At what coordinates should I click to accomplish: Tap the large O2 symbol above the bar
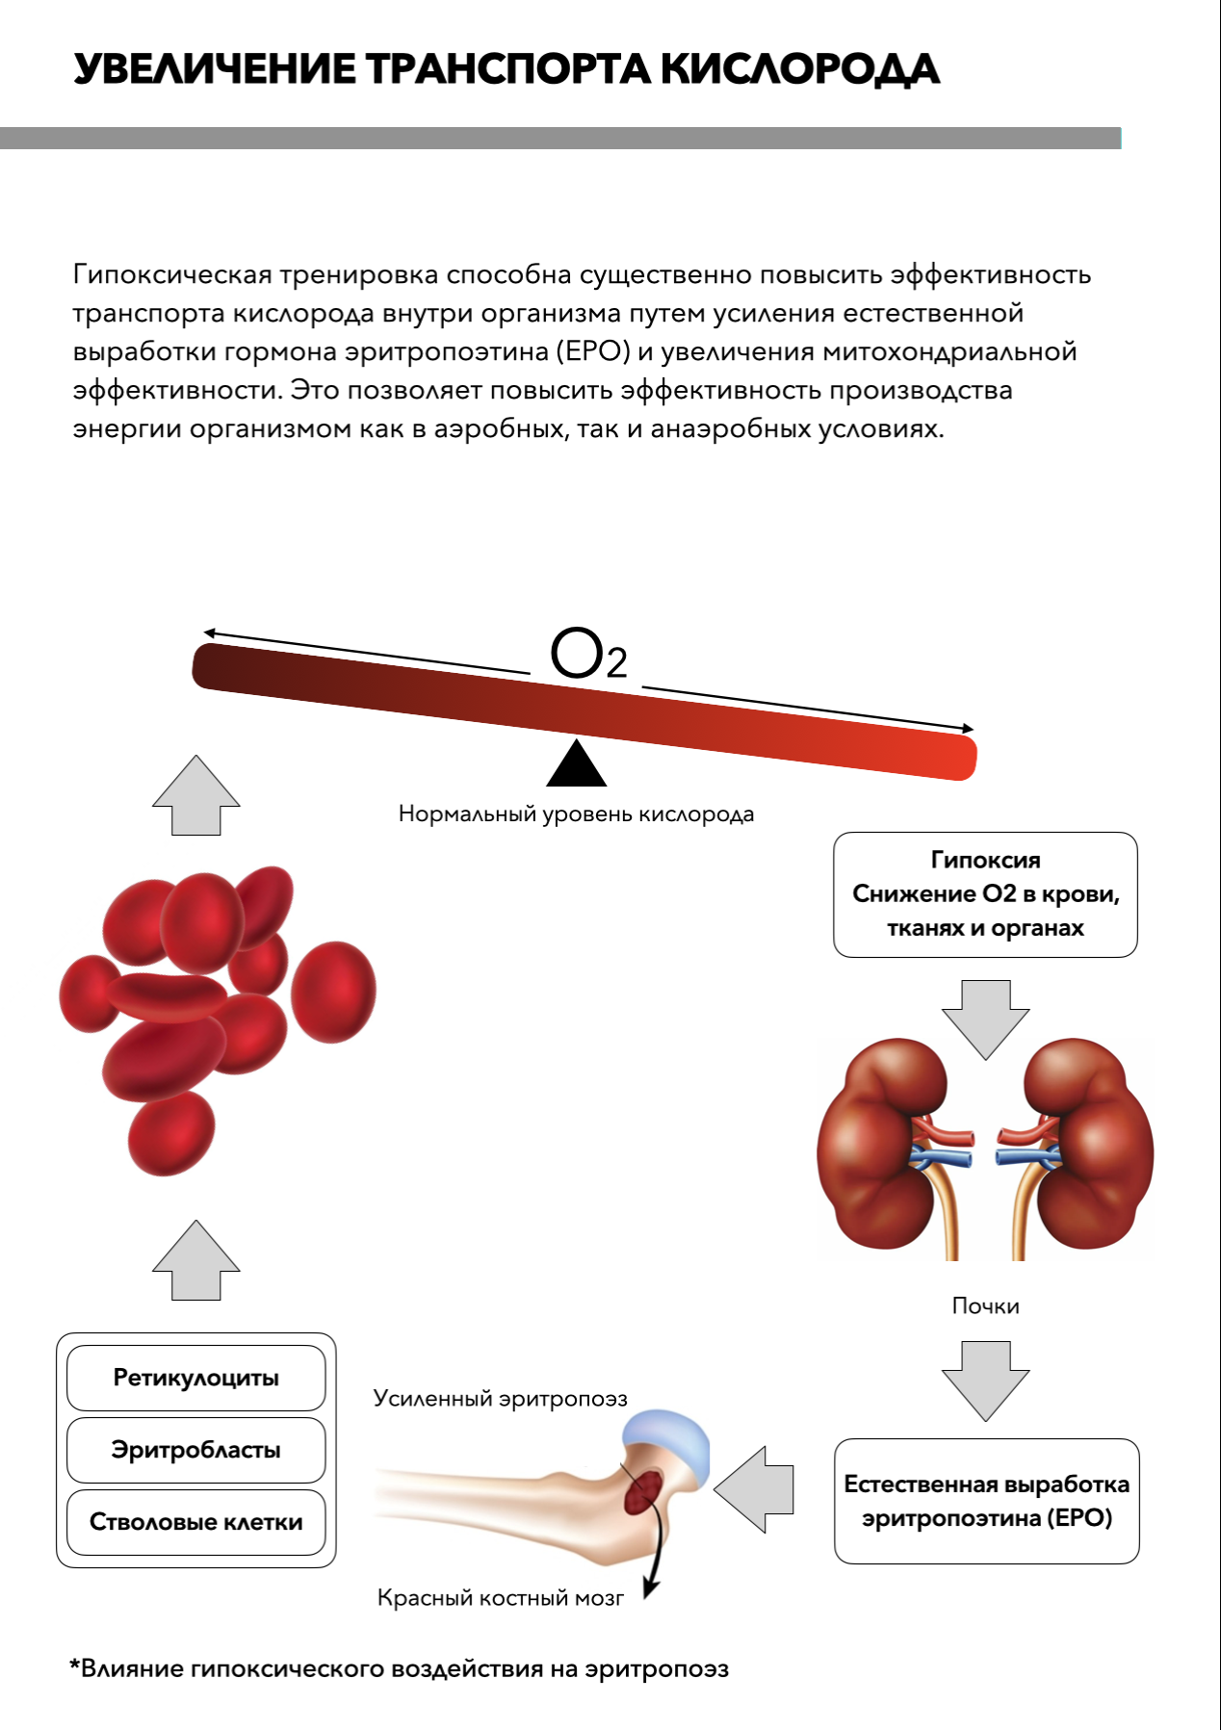tap(588, 655)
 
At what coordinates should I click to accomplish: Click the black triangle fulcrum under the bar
tap(576, 765)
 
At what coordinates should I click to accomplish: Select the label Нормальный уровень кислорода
tap(576, 814)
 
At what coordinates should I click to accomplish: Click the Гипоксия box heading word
tap(985, 860)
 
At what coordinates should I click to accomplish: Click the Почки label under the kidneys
tap(985, 1306)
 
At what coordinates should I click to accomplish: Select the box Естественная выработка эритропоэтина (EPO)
tap(986, 1501)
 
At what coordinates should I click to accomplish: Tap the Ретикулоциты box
tap(195, 1378)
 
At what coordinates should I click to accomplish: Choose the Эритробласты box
tap(195, 1450)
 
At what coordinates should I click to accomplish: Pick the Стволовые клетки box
tap(195, 1522)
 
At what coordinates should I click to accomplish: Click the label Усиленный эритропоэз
tap(500, 1399)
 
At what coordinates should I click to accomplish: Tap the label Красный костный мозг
tap(500, 1598)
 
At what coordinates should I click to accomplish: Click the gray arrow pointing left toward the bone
tap(756, 1489)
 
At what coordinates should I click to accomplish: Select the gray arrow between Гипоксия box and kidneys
tap(985, 1019)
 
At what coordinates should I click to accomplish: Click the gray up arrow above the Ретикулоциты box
tap(195, 1261)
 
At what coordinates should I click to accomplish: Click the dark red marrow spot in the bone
tap(641, 1490)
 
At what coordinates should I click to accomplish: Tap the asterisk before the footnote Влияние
tap(74, 1665)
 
